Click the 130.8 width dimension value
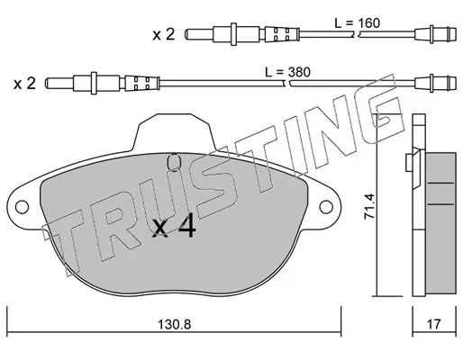click(174, 324)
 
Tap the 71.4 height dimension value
click(369, 206)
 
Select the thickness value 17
click(434, 324)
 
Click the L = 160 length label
click(358, 23)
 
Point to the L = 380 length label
click(287, 72)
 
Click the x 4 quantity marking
click(174, 227)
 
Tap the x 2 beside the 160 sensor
click(164, 34)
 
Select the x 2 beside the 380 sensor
click(24, 83)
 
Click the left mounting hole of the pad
click(22, 207)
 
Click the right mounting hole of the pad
click(326, 207)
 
